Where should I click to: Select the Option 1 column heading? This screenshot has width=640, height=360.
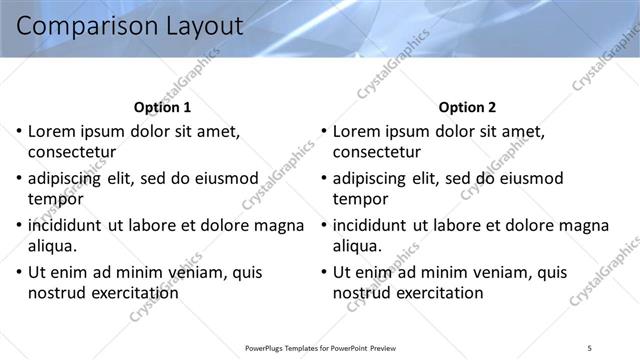tap(162, 107)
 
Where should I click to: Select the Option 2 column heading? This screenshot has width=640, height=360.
tap(466, 107)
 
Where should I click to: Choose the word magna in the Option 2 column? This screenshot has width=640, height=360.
tap(583, 225)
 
